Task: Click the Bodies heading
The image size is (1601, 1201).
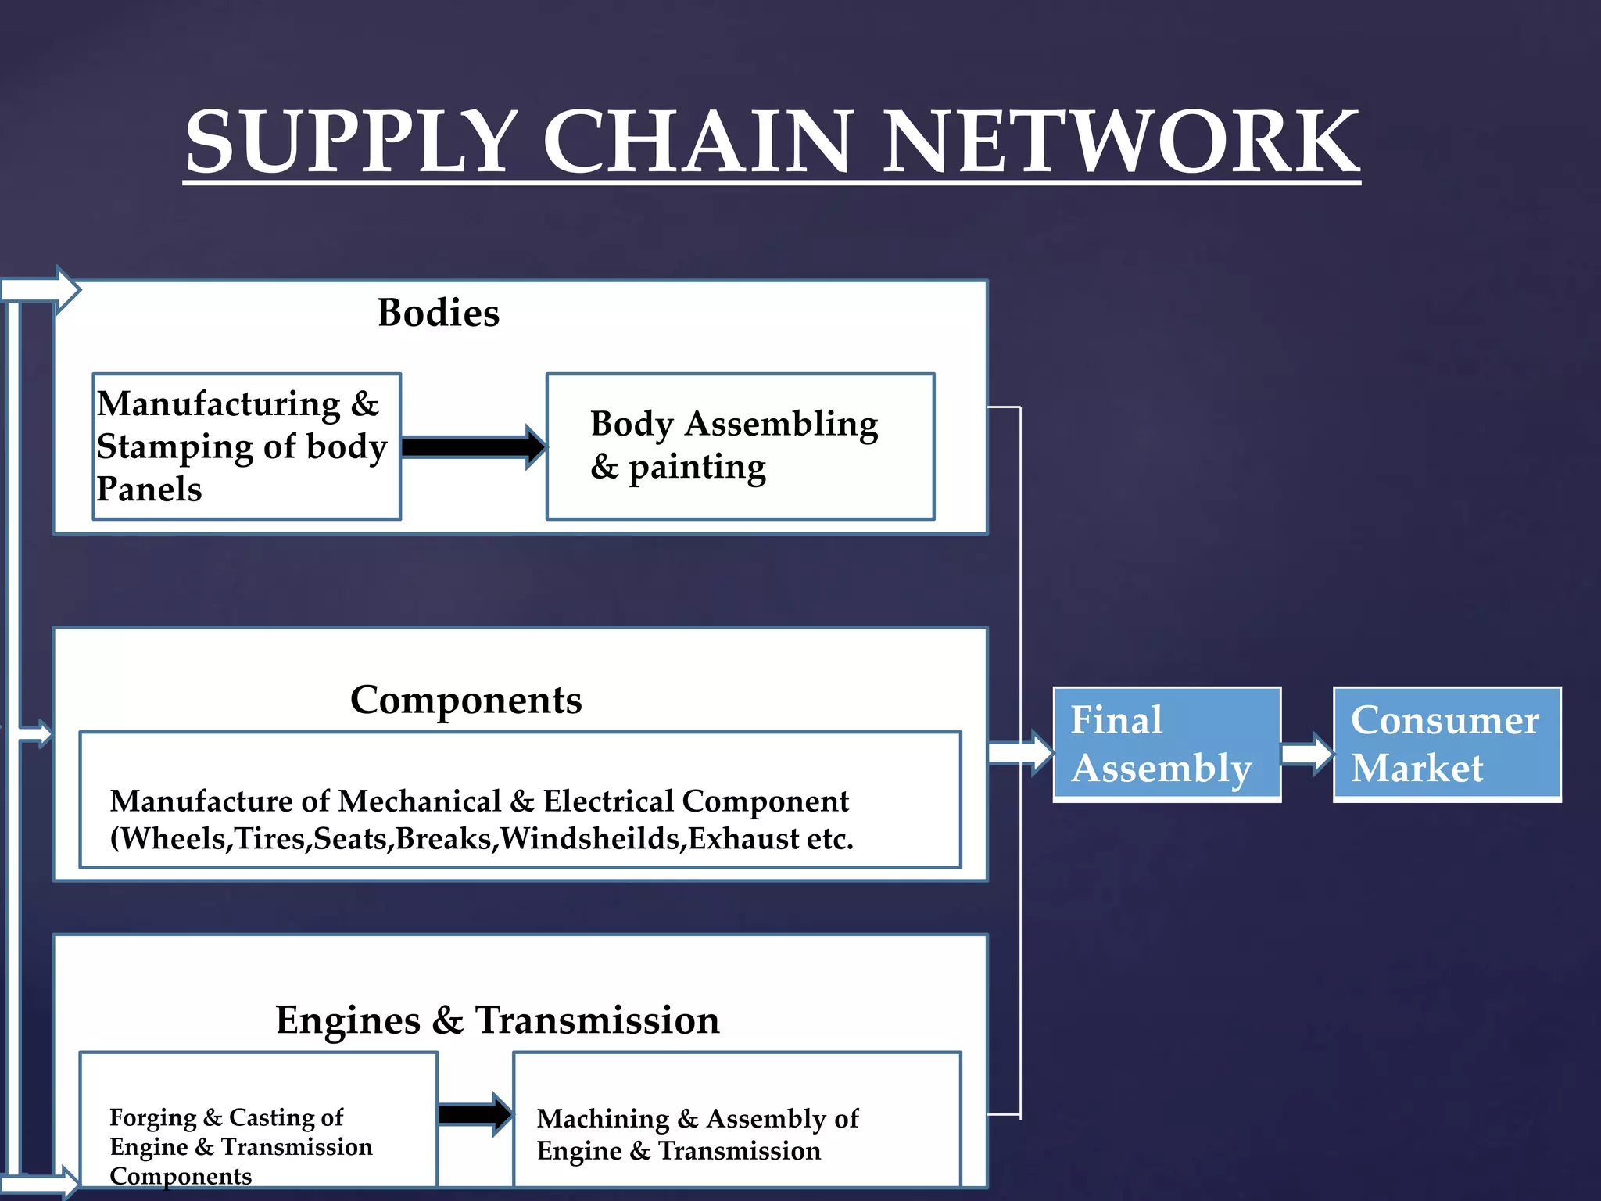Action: tap(438, 313)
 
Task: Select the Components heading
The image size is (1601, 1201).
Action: tap(466, 700)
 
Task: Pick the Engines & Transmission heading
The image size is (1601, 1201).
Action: tap(497, 1020)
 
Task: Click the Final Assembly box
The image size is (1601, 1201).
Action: tap(1166, 744)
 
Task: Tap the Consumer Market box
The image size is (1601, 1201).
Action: tap(1447, 744)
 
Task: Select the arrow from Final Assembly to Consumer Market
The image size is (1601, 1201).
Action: tap(1307, 755)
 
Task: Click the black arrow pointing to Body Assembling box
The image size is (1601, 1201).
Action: tap(473, 446)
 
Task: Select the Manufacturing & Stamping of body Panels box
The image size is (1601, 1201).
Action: tap(246, 446)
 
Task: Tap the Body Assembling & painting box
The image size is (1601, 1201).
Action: tap(740, 446)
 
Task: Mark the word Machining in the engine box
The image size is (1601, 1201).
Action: tap(603, 1119)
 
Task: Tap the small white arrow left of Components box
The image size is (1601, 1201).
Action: tap(35, 734)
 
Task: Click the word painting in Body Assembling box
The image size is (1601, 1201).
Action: tap(697, 468)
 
